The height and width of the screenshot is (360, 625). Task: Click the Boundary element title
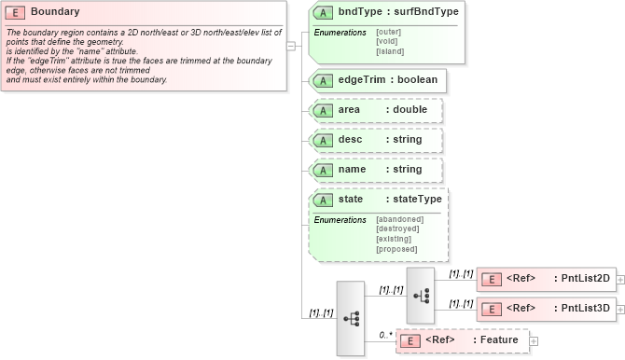click(x=55, y=12)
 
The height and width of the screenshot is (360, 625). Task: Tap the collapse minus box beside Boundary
click(x=291, y=45)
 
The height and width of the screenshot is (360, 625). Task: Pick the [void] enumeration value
click(x=386, y=42)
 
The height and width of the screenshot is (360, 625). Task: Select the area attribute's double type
click(x=410, y=110)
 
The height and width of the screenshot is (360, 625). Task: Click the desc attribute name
click(x=351, y=140)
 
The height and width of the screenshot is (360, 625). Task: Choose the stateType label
click(x=417, y=200)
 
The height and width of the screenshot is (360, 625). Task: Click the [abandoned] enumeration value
click(x=399, y=219)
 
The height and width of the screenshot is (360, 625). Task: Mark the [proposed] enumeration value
click(x=396, y=249)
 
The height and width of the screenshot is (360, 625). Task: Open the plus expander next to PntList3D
click(x=620, y=309)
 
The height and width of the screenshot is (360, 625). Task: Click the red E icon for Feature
click(x=410, y=340)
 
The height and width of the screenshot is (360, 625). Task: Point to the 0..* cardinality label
click(x=383, y=334)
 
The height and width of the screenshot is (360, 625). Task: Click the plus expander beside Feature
click(x=535, y=340)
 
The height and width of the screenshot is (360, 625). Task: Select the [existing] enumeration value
click(x=395, y=239)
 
